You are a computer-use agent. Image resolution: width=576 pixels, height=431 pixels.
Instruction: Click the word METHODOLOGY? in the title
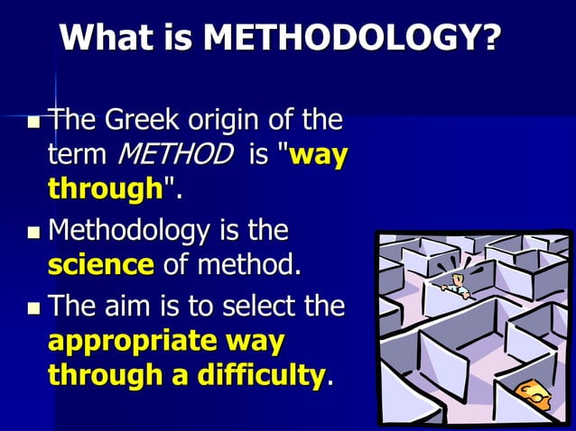click(x=352, y=38)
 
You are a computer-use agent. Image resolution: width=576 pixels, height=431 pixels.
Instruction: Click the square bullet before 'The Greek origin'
click(x=33, y=122)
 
